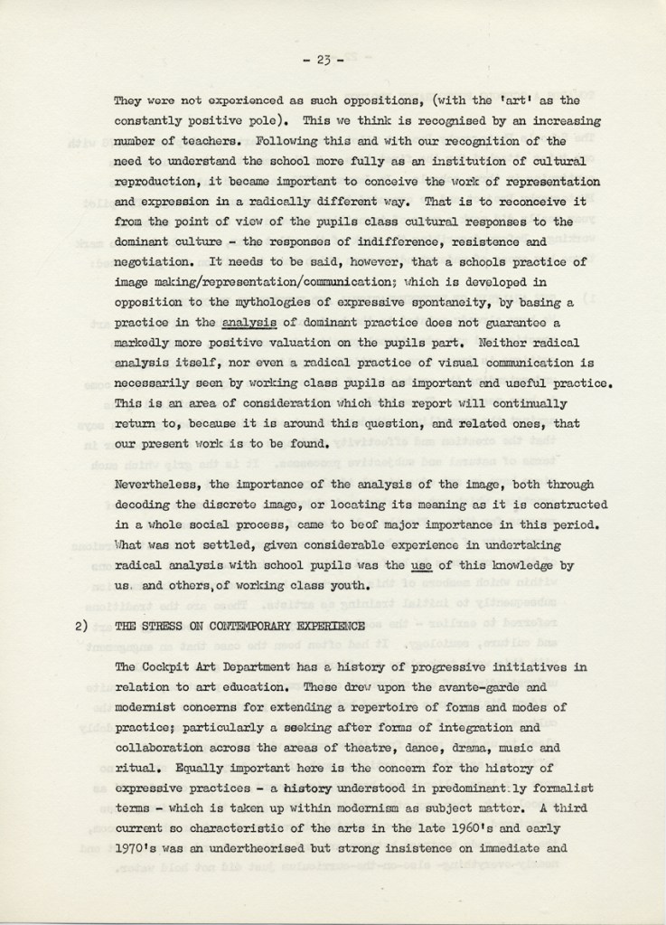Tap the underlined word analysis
pyautogui.click(x=246, y=322)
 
